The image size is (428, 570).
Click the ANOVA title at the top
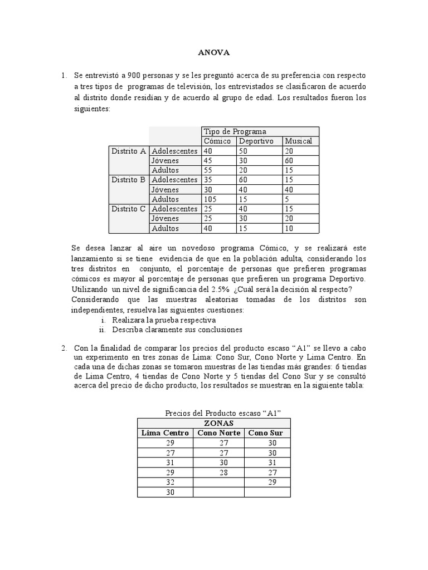click(214, 53)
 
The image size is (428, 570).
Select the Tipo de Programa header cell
click(235, 131)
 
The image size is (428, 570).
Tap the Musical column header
click(298, 141)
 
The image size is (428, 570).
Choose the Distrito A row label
click(128, 151)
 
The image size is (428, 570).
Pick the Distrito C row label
click(128, 209)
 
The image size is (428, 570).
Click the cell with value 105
click(211, 199)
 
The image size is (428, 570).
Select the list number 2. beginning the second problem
click(64, 348)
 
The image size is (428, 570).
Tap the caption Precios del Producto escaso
click(222, 413)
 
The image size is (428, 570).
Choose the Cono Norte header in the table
click(221, 433)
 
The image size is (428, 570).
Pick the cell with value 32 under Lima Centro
click(171, 483)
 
